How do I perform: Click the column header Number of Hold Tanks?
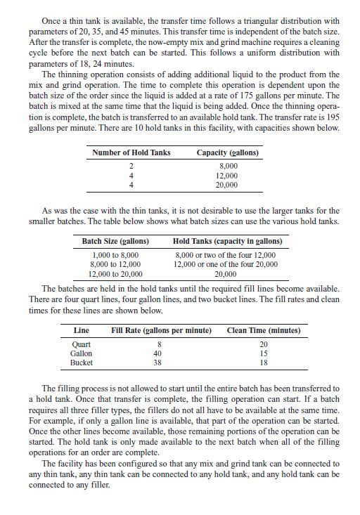coord(131,152)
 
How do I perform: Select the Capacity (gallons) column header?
coord(227,152)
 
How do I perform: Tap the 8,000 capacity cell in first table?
coord(227,165)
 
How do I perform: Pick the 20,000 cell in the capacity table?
coord(227,184)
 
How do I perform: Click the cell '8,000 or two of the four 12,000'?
coord(225,254)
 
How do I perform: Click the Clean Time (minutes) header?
coord(264,330)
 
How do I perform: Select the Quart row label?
coord(83,344)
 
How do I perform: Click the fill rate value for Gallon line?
coord(157,353)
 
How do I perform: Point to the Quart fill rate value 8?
coord(158,344)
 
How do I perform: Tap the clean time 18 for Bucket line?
coord(264,363)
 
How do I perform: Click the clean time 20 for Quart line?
coord(264,344)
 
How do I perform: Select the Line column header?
coord(82,330)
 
